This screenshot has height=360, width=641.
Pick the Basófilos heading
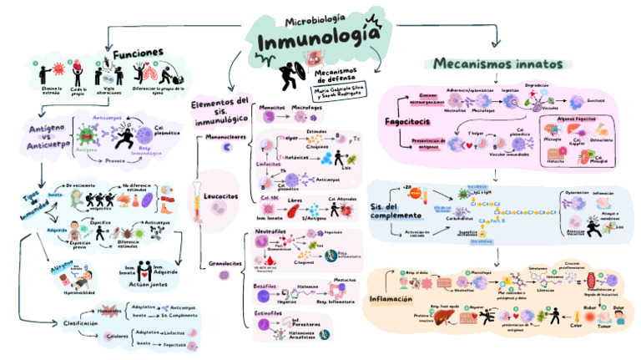coord(267,286)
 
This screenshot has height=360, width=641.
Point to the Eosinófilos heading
coord(270,313)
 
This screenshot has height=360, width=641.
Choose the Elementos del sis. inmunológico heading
coord(220,109)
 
